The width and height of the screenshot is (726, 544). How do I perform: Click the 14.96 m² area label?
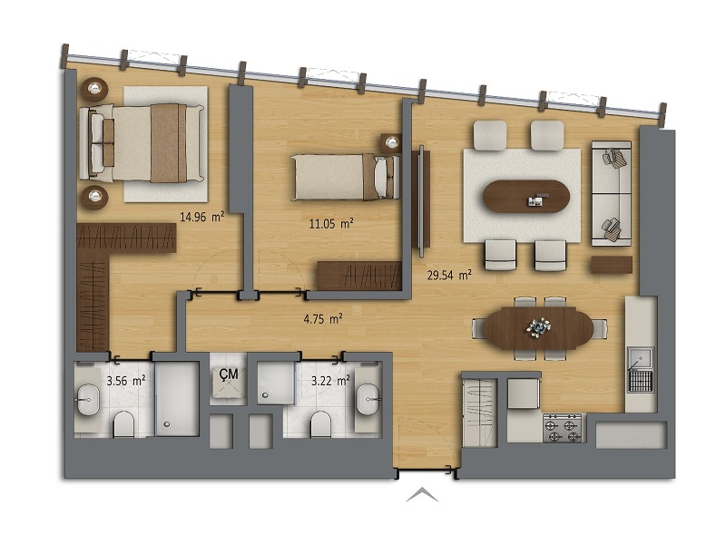[x=201, y=217]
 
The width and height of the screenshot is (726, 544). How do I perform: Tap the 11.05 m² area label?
[x=331, y=224]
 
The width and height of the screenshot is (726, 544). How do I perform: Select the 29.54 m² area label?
[x=449, y=276]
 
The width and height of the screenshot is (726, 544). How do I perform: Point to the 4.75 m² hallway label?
[x=323, y=319]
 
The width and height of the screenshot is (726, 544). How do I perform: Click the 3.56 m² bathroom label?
[x=126, y=381]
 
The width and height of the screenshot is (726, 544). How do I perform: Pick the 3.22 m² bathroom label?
[x=330, y=381]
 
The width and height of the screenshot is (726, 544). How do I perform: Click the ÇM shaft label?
[x=229, y=374]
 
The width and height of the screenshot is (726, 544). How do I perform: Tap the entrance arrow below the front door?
[x=422, y=495]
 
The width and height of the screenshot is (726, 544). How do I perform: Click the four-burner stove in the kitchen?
[x=562, y=428]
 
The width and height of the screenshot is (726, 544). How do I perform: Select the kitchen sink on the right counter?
[x=641, y=370]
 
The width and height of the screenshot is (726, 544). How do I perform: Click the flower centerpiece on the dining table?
[x=538, y=327]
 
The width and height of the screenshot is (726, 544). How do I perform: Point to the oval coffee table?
[x=526, y=196]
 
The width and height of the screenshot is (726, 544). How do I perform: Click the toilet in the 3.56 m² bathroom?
[x=123, y=423]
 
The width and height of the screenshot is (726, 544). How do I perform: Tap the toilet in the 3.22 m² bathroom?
[x=321, y=423]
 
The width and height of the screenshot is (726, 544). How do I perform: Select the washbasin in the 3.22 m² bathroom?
[x=368, y=399]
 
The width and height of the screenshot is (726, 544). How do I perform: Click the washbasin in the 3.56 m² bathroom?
[x=88, y=399]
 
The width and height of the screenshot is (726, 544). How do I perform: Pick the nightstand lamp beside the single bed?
[x=392, y=142]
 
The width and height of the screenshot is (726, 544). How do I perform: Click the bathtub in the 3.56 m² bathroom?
[x=177, y=399]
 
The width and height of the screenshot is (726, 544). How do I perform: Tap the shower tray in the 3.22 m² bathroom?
[x=276, y=382]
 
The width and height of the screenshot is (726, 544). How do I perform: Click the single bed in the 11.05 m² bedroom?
[x=345, y=177]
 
